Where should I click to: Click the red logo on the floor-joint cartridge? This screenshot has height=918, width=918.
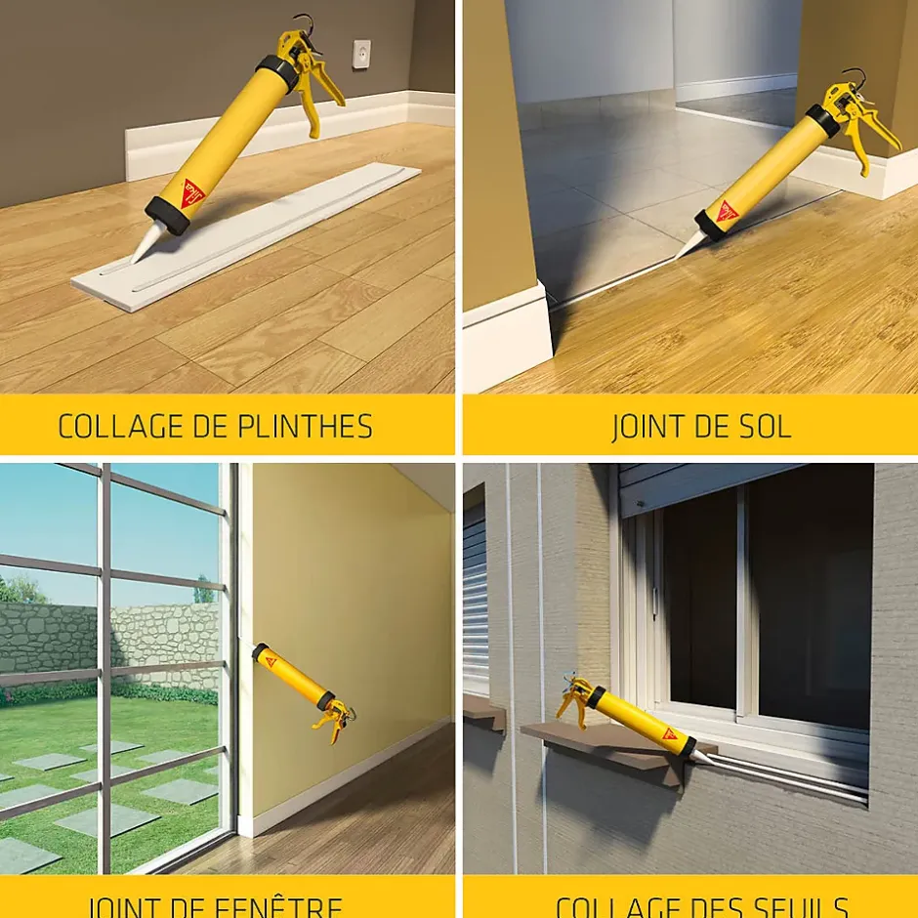(x=727, y=209)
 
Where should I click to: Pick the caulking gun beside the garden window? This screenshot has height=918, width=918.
(x=304, y=689)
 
